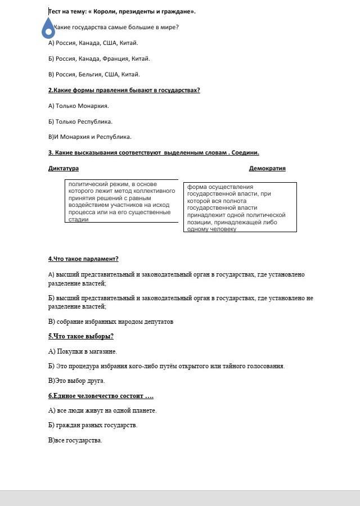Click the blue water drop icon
(x=48, y=27)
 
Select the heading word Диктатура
(x=64, y=168)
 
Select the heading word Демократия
(x=267, y=168)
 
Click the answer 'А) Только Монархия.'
(x=78, y=106)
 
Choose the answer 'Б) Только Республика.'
(x=80, y=121)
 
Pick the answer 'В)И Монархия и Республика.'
(x=90, y=137)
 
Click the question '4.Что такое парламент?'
(x=83, y=259)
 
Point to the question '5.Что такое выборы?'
(x=81, y=336)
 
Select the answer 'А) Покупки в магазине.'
(x=83, y=351)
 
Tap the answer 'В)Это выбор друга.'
(x=76, y=381)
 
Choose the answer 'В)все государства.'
(x=75, y=440)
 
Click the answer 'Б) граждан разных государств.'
(x=93, y=425)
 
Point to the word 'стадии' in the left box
(x=78, y=220)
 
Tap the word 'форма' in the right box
(x=197, y=187)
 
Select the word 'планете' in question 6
(x=145, y=410)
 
